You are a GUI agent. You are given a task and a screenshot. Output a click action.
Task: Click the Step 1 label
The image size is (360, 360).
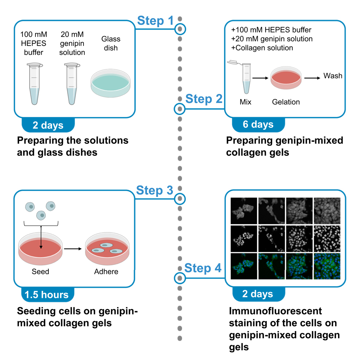[155, 21]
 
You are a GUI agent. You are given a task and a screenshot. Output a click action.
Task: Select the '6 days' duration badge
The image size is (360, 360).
[258, 124]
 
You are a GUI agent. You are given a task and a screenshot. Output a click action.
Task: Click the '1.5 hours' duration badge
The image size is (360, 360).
[47, 295]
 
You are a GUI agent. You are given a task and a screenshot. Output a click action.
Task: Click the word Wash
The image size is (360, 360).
[333, 76]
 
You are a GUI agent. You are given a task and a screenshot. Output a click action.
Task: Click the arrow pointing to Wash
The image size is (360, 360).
[312, 77]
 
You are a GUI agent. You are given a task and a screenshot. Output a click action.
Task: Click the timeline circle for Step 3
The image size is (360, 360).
[180, 198]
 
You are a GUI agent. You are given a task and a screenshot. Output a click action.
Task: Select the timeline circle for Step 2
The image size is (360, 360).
[180, 108]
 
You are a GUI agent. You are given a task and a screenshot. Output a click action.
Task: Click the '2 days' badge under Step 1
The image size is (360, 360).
[48, 125]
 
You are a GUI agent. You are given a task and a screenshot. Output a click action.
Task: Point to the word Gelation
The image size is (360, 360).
[286, 102]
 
